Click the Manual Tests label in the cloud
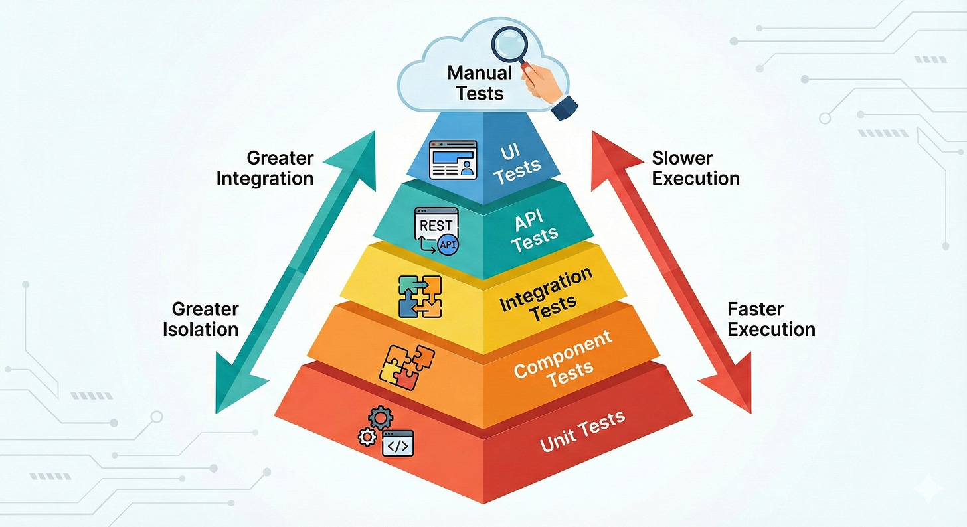click(x=480, y=82)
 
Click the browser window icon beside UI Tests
click(x=453, y=160)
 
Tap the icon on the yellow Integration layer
click(x=420, y=296)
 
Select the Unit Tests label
click(x=582, y=430)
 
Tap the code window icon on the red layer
click(x=398, y=443)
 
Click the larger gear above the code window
click(x=381, y=417)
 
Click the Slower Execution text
click(x=695, y=169)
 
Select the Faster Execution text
click(x=770, y=319)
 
